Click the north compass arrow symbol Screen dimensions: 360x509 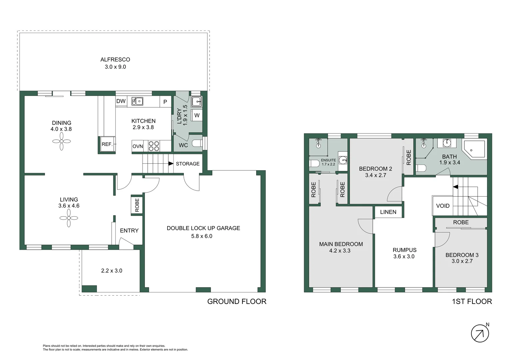pyautogui.click(x=480, y=333)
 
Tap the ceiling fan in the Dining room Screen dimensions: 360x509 pyautogui.click(x=62, y=141)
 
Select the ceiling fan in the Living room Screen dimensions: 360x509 pyautogui.click(x=69, y=218)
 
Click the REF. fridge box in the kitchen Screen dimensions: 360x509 pyautogui.click(x=107, y=144)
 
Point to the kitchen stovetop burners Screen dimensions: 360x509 pyautogui.click(x=154, y=146)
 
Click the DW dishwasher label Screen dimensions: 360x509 pyautogui.click(x=121, y=101)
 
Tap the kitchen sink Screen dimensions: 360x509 pyautogui.click(x=137, y=101)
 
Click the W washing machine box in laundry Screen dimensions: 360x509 pyautogui.click(x=197, y=115)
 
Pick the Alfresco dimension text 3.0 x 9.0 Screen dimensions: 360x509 pyautogui.click(x=115, y=67)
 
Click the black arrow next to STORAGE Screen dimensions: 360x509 pyautogui.click(x=171, y=164)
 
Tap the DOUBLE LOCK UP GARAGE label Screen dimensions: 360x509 pyautogui.click(x=203, y=228)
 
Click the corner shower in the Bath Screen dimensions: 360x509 pyautogui.click(x=475, y=149)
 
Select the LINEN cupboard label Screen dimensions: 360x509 pyautogui.click(x=388, y=212)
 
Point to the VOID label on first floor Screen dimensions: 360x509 pyautogui.click(x=443, y=206)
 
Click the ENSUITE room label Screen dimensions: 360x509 pyautogui.click(x=328, y=160)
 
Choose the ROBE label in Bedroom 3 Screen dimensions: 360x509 pyautogui.click(x=461, y=222)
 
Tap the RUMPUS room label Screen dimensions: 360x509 pyautogui.click(x=404, y=250)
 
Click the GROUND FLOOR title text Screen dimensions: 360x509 pyautogui.click(x=237, y=301)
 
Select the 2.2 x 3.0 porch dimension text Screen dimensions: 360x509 pyautogui.click(x=112, y=271)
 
